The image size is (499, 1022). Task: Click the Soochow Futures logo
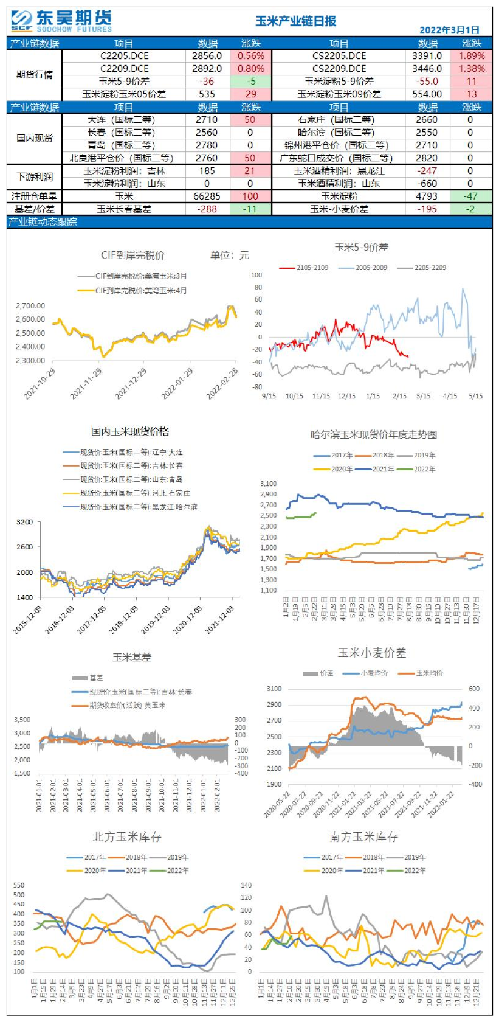click(x=61, y=21)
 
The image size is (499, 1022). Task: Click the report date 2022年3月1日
click(x=449, y=30)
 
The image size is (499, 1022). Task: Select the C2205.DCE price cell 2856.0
click(x=207, y=56)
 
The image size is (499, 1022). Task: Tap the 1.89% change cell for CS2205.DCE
click(x=471, y=56)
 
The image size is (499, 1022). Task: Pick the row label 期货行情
click(x=34, y=75)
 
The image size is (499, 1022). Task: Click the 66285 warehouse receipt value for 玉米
click(x=207, y=196)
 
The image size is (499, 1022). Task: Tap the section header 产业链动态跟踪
click(x=43, y=222)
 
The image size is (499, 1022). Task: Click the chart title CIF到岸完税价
click(x=132, y=255)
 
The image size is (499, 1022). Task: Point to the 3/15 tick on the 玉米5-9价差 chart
click(x=423, y=396)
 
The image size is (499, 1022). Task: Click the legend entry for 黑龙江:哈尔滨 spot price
click(x=139, y=507)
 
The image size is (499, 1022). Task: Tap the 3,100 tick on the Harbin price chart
click(x=268, y=484)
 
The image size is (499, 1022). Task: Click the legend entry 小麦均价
click(x=374, y=673)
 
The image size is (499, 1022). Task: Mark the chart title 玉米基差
click(x=132, y=658)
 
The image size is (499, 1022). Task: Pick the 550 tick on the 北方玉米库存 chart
click(x=19, y=885)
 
